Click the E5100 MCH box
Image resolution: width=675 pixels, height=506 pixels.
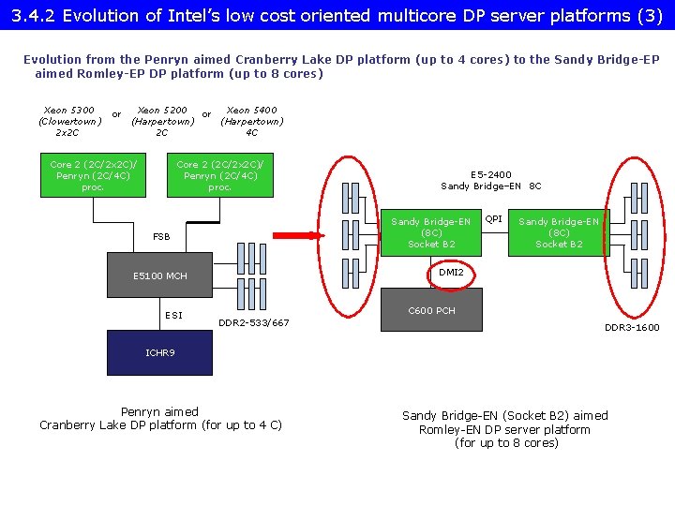160,275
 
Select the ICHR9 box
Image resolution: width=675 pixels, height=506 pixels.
160,353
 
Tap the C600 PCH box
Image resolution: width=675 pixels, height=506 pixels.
432,310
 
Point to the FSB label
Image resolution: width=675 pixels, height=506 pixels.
161,237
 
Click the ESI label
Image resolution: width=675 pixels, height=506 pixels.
174,315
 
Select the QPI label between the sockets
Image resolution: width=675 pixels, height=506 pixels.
493,218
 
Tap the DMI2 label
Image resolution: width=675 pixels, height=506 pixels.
451,272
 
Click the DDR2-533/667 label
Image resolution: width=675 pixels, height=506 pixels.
254,323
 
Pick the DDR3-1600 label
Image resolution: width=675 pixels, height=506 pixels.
631,327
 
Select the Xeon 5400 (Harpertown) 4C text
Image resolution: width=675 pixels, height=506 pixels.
251,121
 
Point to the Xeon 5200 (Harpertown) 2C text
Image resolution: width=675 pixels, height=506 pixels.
162,121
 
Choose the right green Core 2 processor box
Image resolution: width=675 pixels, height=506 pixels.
219,175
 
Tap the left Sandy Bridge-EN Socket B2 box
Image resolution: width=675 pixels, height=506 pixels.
431,232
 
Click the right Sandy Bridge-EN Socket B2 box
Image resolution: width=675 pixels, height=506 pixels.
559,232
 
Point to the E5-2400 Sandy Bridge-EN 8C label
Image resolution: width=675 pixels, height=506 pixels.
491,180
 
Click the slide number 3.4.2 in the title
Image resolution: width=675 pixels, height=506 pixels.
34,15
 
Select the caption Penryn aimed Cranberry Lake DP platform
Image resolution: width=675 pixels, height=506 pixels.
160,418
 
